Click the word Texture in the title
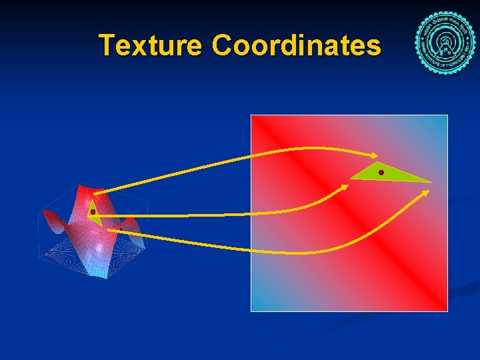click(x=151, y=45)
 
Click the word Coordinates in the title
click(x=297, y=45)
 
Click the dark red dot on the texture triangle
click(x=381, y=173)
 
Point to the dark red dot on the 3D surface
click(x=93, y=212)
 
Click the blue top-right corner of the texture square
click(x=443, y=120)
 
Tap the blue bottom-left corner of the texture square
click(x=255, y=306)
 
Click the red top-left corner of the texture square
click(x=255, y=120)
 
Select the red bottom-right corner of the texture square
click(x=443, y=306)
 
